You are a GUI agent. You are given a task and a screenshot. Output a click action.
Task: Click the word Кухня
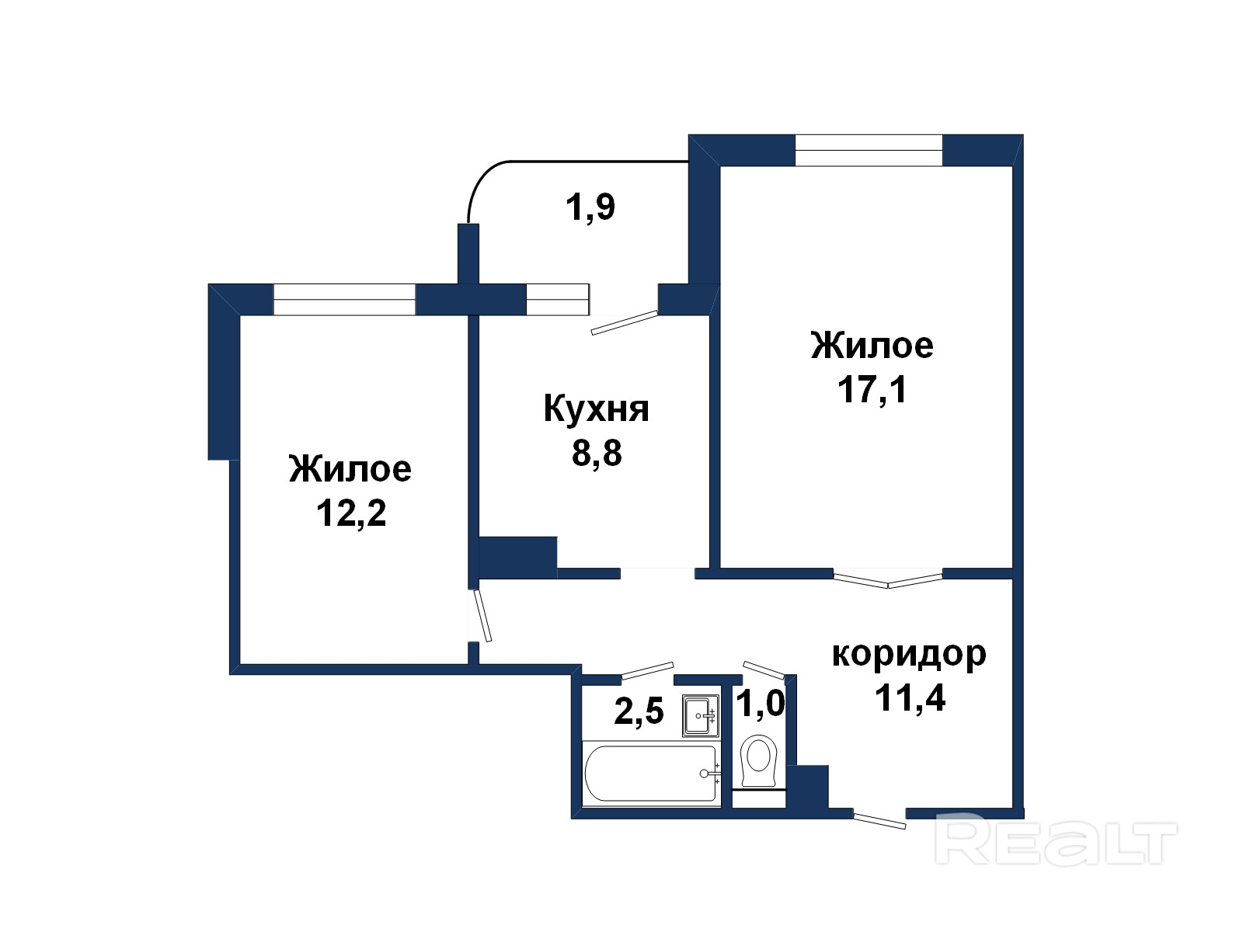click(x=596, y=409)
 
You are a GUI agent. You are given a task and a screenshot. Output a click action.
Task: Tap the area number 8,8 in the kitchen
click(x=597, y=453)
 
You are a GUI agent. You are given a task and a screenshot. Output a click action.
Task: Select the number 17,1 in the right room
click(x=872, y=390)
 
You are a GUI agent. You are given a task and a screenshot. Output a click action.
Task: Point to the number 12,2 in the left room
click(x=351, y=514)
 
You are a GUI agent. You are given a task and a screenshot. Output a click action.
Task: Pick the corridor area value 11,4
click(x=910, y=697)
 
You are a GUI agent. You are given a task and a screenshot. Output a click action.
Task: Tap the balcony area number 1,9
click(x=590, y=207)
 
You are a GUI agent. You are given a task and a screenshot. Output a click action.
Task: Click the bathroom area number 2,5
click(x=639, y=711)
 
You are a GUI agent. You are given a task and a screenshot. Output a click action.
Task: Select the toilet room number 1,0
click(x=760, y=704)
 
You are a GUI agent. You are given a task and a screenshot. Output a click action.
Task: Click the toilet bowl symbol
click(x=759, y=760)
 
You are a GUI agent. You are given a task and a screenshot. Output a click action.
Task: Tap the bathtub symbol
click(x=651, y=774)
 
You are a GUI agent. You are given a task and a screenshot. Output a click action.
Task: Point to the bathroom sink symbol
click(x=701, y=715)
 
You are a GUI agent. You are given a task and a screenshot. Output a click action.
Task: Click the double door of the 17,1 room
click(x=888, y=581)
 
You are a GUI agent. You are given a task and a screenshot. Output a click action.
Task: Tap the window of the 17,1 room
click(x=869, y=151)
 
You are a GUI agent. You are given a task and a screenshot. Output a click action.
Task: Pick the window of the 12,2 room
click(x=344, y=299)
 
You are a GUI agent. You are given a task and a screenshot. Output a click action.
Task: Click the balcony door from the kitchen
click(x=624, y=322)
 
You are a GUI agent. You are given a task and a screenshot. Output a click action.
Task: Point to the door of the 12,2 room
click(x=482, y=616)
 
